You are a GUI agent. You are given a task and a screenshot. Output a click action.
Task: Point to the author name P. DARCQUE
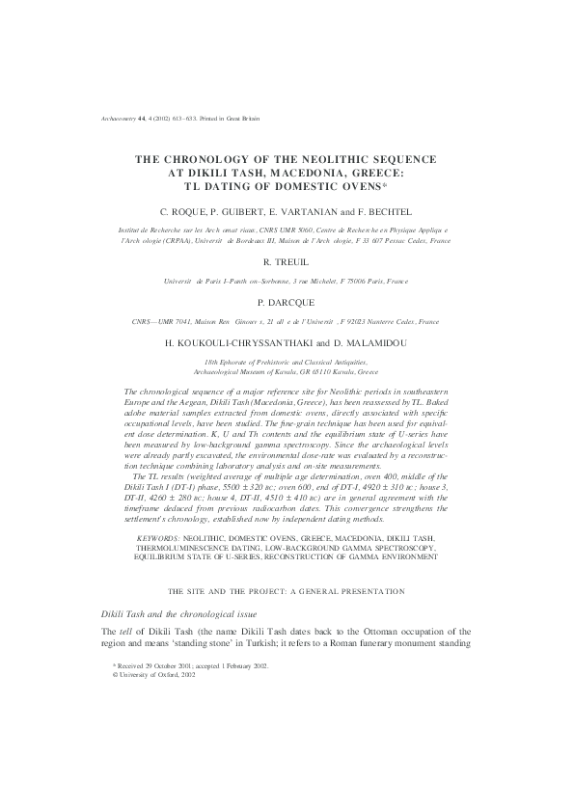(286, 301)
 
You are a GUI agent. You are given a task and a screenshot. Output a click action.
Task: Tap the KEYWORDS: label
(159, 538)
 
